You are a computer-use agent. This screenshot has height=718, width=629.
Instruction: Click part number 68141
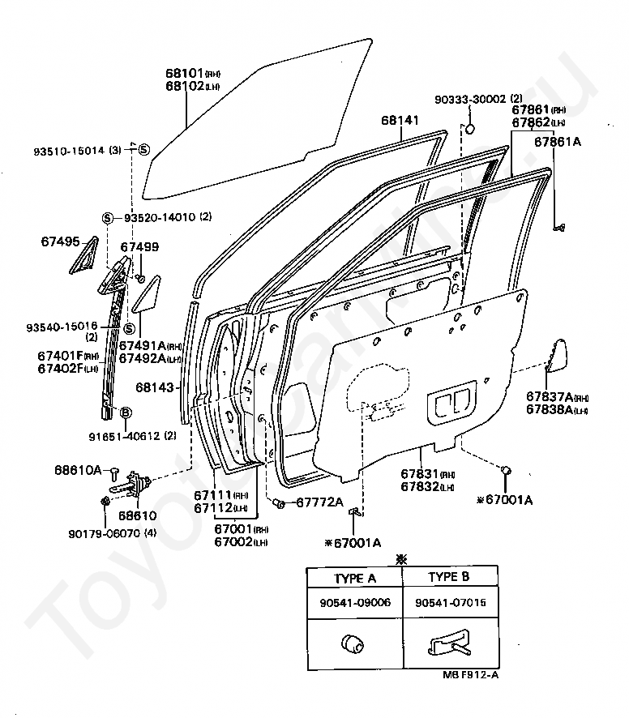click(x=400, y=120)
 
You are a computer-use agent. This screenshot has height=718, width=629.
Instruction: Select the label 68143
click(x=155, y=387)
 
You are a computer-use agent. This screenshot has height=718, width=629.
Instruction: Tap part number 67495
click(x=60, y=241)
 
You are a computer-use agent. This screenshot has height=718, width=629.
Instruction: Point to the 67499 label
click(x=139, y=247)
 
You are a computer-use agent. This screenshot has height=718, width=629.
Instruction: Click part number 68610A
click(x=78, y=470)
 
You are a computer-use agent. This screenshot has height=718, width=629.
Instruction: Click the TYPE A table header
click(x=355, y=577)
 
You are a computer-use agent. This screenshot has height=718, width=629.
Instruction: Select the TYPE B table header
click(x=450, y=577)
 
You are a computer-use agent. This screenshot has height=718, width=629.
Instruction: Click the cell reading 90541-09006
click(x=355, y=604)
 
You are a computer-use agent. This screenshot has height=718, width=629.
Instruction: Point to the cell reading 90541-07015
click(x=450, y=604)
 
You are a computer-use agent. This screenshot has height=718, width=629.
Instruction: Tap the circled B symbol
click(x=126, y=413)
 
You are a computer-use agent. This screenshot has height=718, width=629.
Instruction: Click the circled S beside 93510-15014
click(x=143, y=149)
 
